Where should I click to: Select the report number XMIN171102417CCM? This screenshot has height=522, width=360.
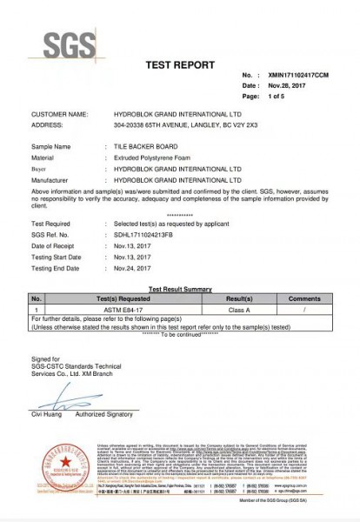pos(299,76)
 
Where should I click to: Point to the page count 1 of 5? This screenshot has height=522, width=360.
pos(277,97)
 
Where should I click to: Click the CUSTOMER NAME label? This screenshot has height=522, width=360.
pos(60,114)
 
